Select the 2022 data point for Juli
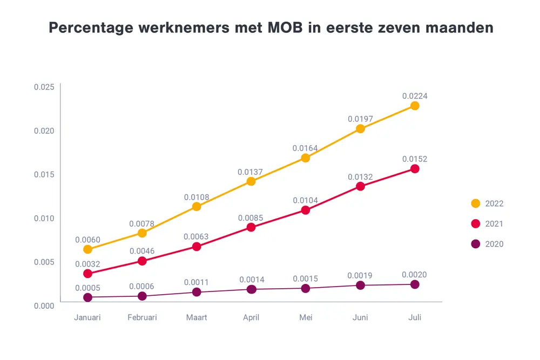415,106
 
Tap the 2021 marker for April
251,227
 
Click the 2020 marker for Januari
87,297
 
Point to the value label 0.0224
415,96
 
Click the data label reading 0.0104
305,201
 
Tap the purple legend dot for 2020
476,244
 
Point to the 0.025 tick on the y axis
44,87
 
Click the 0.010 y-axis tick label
44,218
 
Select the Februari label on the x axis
142,318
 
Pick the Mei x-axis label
306,318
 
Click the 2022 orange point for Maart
197,207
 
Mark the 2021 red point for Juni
360,187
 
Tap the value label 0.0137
251,172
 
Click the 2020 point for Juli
415,284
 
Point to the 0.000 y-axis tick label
44,305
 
